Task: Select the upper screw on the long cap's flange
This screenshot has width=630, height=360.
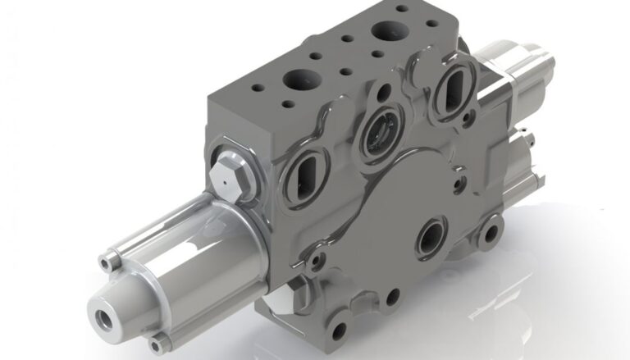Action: (x=107, y=262)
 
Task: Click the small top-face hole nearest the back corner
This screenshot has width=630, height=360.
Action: (x=401, y=9)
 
